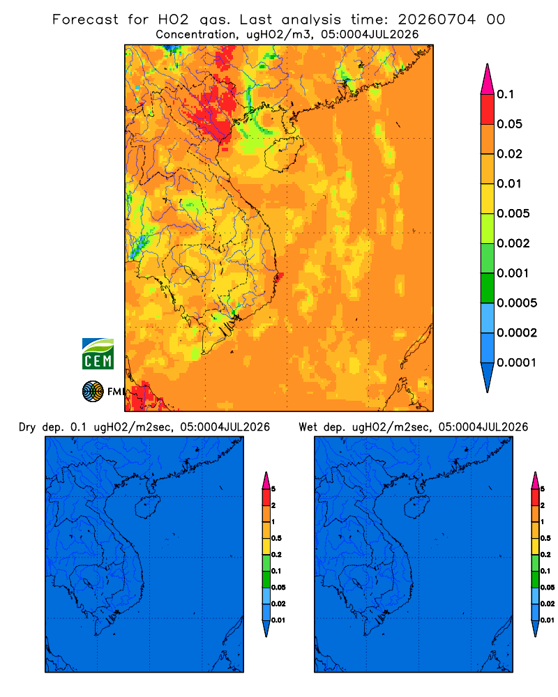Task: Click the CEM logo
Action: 98,354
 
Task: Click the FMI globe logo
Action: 93,392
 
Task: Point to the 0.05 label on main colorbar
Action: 509,124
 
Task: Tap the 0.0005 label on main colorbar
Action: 517,303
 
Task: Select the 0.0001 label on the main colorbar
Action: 517,362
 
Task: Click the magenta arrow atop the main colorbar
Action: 488,79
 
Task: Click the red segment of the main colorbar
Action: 488,109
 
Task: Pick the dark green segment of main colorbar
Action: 488,288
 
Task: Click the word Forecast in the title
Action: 85,20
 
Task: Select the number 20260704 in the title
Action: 437,20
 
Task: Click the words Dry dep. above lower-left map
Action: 40,427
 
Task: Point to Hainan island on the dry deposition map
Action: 147,507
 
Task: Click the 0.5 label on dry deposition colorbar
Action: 276,538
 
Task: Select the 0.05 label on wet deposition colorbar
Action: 548,588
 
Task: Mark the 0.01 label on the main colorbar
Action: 509,183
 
